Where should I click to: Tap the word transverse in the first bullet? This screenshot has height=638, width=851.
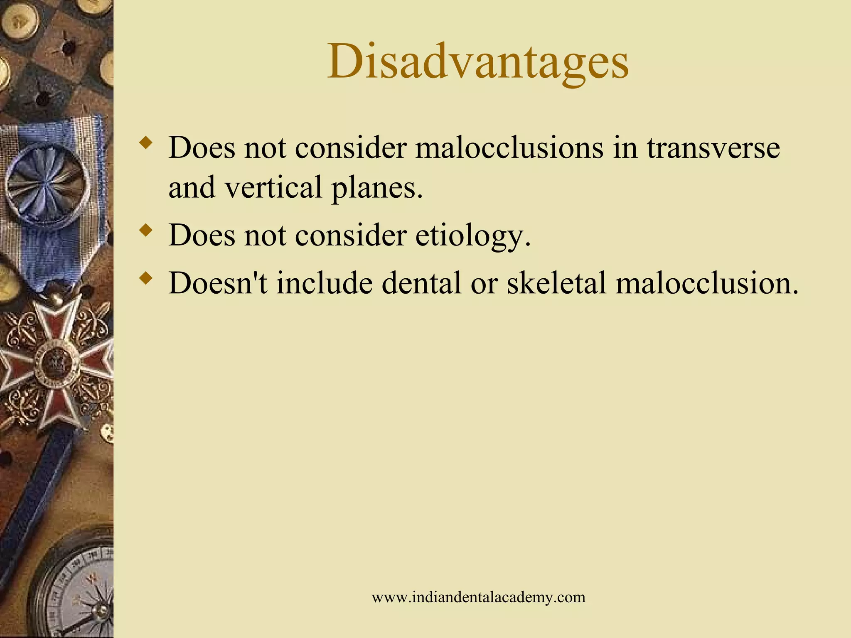713,148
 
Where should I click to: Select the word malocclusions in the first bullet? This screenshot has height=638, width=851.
509,148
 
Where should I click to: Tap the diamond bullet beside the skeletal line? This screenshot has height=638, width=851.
145,277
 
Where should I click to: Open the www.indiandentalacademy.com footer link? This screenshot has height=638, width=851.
478,597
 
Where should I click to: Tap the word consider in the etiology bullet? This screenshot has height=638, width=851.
350,236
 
